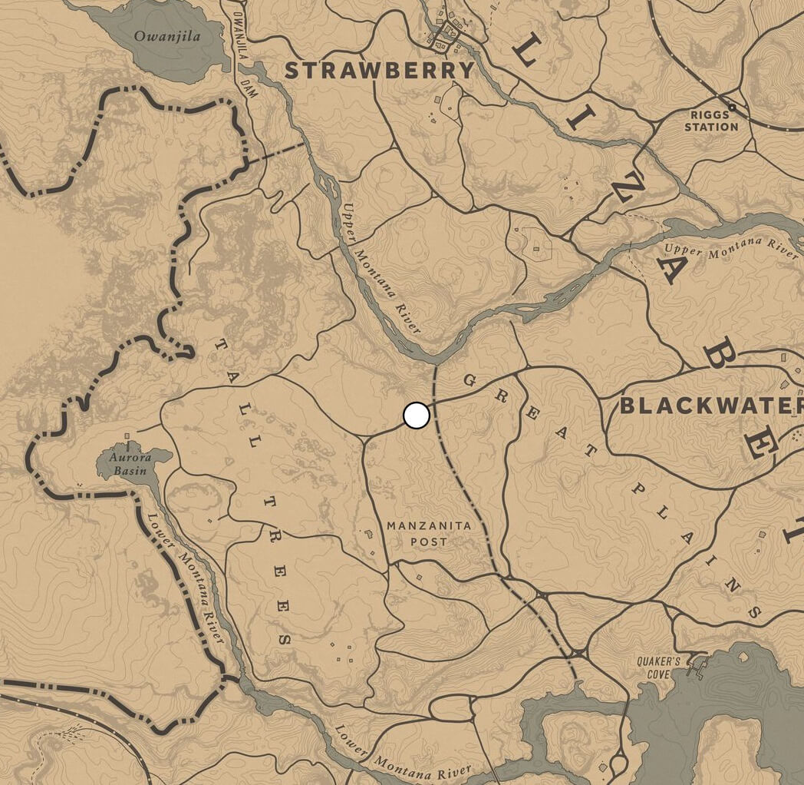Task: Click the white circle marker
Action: point(416,416)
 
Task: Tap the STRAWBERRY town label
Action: point(380,71)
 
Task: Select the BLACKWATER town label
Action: point(710,406)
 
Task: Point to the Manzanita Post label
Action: point(417,533)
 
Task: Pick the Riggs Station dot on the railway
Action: point(732,107)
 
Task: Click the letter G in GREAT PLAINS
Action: point(470,380)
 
